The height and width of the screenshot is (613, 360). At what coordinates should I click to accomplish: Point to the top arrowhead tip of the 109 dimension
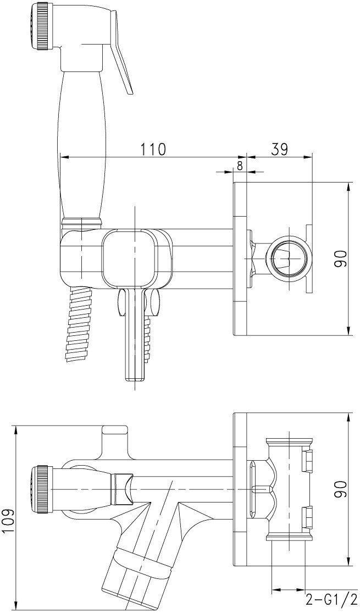15,426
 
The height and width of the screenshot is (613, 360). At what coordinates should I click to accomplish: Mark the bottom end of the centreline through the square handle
135,389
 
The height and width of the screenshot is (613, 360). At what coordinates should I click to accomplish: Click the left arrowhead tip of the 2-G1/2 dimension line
272,600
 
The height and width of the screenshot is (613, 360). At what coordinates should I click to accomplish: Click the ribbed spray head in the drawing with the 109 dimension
40,489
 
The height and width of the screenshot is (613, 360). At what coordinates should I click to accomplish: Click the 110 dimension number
153,148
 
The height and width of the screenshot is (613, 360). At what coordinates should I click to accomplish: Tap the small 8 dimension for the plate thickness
240,165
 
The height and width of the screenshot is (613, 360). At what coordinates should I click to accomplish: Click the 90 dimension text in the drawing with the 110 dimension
340,259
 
